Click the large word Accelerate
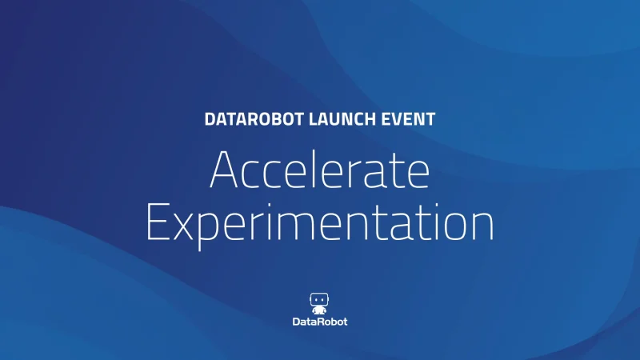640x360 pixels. (x=320, y=170)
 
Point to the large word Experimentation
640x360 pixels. (x=320, y=224)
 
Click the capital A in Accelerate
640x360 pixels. (x=223, y=170)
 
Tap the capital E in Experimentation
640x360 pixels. (x=157, y=222)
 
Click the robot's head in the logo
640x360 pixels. (x=318, y=299)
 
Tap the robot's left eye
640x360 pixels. (x=315, y=300)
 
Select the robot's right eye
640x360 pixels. (x=323, y=300)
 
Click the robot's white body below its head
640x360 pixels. (x=318, y=310)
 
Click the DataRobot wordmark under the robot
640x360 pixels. (x=320, y=322)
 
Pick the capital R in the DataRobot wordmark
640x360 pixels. (x=319, y=322)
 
